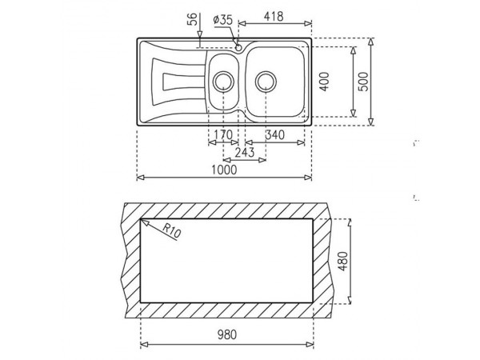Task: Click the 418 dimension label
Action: [x=274, y=17]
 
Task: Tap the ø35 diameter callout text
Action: [x=223, y=20]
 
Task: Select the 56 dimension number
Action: [x=191, y=20]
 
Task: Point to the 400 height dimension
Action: [x=325, y=82]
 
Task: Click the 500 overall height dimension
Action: [x=363, y=82]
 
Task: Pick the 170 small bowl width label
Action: [x=223, y=134]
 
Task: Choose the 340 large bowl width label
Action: [x=274, y=134]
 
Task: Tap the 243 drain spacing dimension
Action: [x=245, y=152]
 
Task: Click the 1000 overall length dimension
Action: [x=224, y=170]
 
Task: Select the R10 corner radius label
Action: [x=171, y=230]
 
